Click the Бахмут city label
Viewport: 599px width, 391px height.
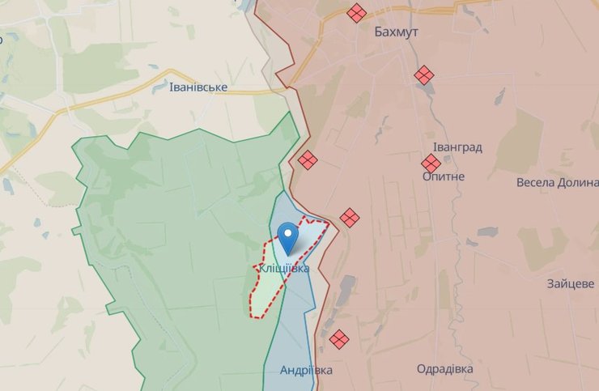pyautogui.click(x=397, y=33)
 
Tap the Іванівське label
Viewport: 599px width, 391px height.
pyautogui.click(x=198, y=87)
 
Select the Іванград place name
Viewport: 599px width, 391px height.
pyautogui.click(x=457, y=147)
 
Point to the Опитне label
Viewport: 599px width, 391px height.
pyautogui.click(x=444, y=176)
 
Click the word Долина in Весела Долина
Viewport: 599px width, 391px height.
pyautogui.click(x=577, y=182)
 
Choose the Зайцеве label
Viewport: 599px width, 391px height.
pyautogui.click(x=571, y=284)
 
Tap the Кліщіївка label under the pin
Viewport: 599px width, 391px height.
pyautogui.click(x=283, y=268)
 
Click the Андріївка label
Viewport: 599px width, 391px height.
pyautogui.click(x=306, y=370)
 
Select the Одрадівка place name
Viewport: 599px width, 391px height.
pyautogui.click(x=445, y=369)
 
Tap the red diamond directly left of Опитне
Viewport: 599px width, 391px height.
pyautogui.click(x=431, y=164)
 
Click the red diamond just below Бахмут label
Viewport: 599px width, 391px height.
pyautogui.click(x=424, y=75)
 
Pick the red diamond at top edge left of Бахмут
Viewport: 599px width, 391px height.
pyautogui.click(x=355, y=13)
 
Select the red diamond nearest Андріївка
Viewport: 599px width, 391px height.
pyautogui.click(x=339, y=338)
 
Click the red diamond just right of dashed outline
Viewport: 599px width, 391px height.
pyautogui.click(x=350, y=217)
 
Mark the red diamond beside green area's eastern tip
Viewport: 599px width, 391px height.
pyautogui.click(x=307, y=160)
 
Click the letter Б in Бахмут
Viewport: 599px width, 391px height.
pyautogui.click(x=379, y=33)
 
